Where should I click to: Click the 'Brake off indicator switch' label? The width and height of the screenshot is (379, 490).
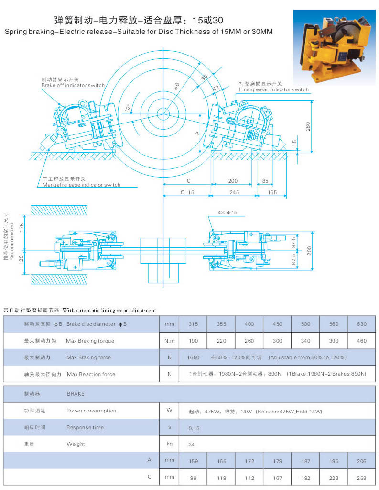click(x=73, y=85)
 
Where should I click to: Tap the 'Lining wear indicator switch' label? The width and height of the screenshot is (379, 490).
click(x=274, y=89)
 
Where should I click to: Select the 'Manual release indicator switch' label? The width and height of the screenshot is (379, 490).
click(x=81, y=185)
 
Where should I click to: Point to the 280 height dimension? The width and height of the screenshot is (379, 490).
click(x=308, y=126)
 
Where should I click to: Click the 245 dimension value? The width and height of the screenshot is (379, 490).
click(x=233, y=192)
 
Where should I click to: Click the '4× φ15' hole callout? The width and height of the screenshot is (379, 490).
click(x=227, y=212)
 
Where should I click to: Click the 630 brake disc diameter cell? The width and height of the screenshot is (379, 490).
click(x=361, y=324)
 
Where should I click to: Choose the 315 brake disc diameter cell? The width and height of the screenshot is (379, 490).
click(x=193, y=324)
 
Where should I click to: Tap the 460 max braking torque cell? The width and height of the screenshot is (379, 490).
click(x=361, y=341)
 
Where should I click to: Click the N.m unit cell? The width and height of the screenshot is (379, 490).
click(x=169, y=341)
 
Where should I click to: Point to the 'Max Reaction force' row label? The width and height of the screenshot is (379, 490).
click(x=91, y=374)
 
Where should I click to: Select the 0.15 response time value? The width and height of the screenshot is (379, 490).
click(x=194, y=428)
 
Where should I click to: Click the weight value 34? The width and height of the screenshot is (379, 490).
click(x=192, y=445)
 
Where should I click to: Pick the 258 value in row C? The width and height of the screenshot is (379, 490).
click(x=361, y=478)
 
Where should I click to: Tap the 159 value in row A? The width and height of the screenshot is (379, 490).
click(x=193, y=461)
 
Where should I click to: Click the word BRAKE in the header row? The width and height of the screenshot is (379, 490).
click(x=76, y=394)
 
